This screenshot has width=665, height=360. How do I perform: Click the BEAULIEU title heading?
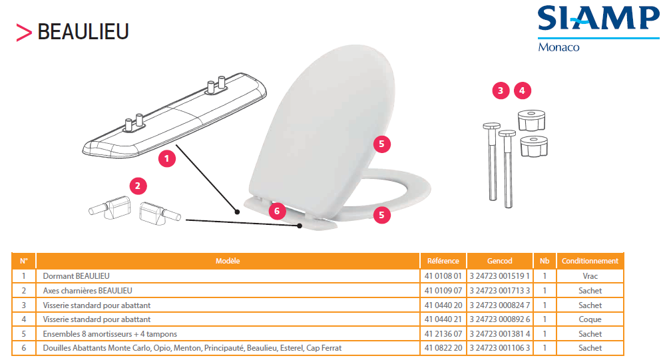tap(83, 32)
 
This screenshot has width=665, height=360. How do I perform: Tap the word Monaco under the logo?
tap(558, 47)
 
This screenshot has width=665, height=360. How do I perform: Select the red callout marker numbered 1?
tap(166, 158)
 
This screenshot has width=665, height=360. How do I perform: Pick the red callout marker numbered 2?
tap(138, 186)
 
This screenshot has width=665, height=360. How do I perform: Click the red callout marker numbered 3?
tap(501, 90)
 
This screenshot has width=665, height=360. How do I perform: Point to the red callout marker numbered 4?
tap(522, 90)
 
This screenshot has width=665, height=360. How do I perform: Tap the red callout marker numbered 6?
tap(277, 211)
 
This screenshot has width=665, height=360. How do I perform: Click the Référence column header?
tap(443, 261)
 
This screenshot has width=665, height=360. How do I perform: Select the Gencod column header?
tap(499, 261)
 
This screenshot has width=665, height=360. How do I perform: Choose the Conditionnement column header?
tap(590, 261)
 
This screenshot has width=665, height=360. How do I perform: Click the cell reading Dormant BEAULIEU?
tap(77, 276)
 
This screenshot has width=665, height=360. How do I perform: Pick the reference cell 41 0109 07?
tap(443, 290)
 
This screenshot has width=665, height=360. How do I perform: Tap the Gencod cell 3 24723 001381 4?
tap(500, 333)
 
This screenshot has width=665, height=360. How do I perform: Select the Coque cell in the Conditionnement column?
tap(590, 319)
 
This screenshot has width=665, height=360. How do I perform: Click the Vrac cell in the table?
tap(590, 276)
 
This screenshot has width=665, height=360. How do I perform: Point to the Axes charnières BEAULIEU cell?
tap(87, 290)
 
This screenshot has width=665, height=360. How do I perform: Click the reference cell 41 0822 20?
tap(443, 348)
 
